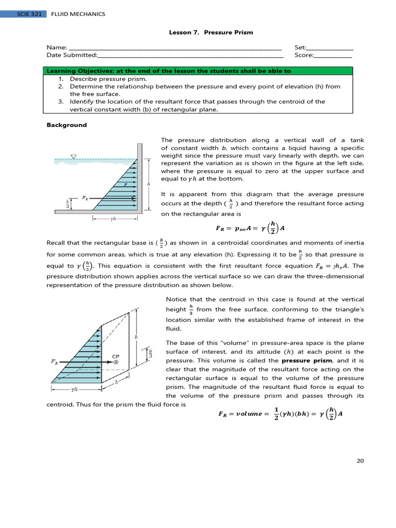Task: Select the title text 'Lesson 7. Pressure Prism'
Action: [x=211, y=32]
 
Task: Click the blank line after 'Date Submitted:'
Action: [x=190, y=56]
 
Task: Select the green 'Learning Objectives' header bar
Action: [x=198, y=71]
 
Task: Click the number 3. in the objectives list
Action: [x=60, y=102]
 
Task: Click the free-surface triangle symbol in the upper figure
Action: [x=74, y=157]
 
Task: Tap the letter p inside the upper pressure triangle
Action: [x=126, y=183]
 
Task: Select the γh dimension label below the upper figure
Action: [x=114, y=218]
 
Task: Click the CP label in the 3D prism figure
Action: [x=116, y=356]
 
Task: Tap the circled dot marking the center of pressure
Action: [x=116, y=362]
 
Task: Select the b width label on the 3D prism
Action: [x=117, y=382]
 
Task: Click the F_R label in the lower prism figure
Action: [x=54, y=362]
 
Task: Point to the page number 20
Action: [x=360, y=460]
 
